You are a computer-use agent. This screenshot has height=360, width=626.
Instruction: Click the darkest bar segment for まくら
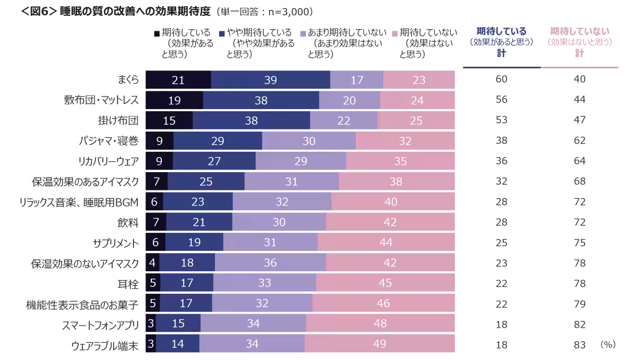click(x=178, y=80)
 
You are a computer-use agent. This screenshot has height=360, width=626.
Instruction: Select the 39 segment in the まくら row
click(x=270, y=80)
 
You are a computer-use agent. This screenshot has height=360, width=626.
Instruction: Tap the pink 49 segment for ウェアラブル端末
click(x=379, y=344)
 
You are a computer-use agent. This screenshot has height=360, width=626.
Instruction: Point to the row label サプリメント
click(x=116, y=243)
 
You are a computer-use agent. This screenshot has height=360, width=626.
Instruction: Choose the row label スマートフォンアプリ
click(x=100, y=325)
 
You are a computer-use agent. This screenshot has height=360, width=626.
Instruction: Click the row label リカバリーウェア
click(x=107, y=161)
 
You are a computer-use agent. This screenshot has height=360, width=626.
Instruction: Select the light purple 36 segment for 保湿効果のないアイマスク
click(x=270, y=263)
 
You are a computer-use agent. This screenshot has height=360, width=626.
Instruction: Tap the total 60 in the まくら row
click(x=501, y=80)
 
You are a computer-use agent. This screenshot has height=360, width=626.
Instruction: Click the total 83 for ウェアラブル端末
click(x=579, y=344)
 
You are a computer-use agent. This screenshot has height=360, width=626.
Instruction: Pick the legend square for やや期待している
click(x=222, y=33)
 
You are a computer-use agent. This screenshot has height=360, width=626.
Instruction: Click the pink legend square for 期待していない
click(x=394, y=33)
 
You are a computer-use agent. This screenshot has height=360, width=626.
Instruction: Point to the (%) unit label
click(x=607, y=344)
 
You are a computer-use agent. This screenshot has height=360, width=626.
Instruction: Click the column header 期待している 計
click(x=501, y=42)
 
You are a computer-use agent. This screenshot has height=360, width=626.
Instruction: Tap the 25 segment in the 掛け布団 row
click(x=416, y=121)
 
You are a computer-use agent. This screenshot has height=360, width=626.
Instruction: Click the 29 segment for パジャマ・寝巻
click(x=218, y=141)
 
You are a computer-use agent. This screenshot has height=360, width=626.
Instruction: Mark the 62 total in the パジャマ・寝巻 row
click(x=579, y=141)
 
